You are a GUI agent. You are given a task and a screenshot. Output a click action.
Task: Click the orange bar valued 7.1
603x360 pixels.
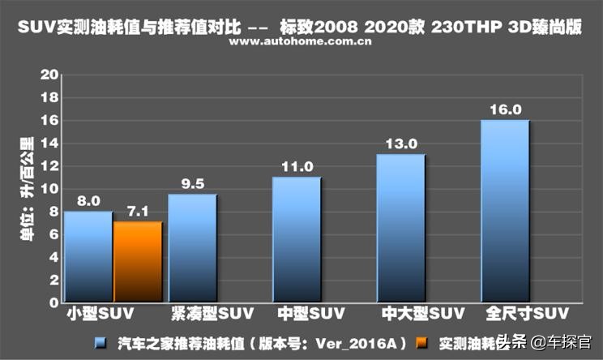click(x=139, y=262)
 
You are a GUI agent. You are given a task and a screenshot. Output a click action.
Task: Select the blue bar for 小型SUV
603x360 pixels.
click(x=88, y=257)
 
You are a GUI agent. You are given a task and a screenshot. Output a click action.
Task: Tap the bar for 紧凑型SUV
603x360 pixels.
click(x=193, y=248)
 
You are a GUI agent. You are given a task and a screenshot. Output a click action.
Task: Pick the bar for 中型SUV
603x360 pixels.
click(x=297, y=240)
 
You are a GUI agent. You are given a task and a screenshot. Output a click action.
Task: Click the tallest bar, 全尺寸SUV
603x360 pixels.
click(x=505, y=212)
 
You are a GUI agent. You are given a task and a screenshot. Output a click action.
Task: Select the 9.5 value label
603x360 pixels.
click(x=193, y=184)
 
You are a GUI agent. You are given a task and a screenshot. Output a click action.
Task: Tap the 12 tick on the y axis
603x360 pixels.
click(x=51, y=166)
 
